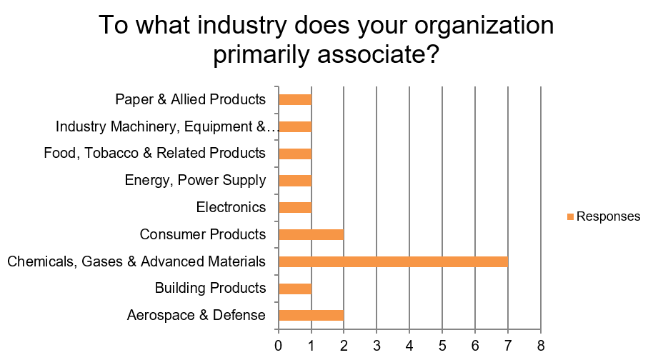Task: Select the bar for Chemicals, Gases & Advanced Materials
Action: [393, 261]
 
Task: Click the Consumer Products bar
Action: [311, 235]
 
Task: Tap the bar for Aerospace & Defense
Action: [311, 316]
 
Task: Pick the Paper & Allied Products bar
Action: [295, 100]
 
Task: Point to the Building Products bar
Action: [295, 289]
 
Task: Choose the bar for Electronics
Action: [295, 208]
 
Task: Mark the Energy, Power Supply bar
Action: [295, 181]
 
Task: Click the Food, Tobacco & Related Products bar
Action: [295, 154]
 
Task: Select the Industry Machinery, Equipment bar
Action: [295, 127]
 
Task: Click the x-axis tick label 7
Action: [508, 346]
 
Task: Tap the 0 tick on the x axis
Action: [278, 346]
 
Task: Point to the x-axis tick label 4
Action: [409, 346]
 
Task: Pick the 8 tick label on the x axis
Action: [541, 346]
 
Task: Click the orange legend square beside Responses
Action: [570, 216]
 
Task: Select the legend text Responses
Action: [609, 216]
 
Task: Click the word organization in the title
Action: [484, 26]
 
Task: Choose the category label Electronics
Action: [231, 207]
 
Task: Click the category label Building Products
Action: [210, 288]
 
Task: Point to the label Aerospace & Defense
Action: [196, 315]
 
